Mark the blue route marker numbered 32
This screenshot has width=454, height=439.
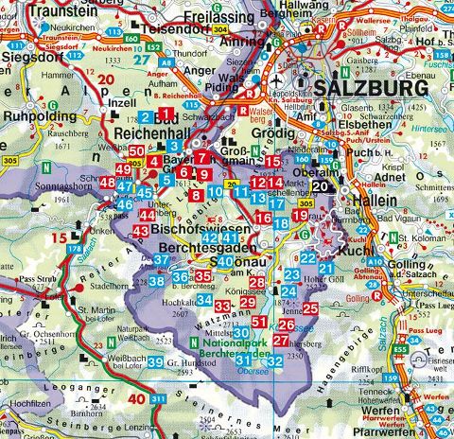pyautogui.click(x=274, y=361)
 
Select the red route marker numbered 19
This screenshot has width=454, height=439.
pyautogui.click(x=300, y=216)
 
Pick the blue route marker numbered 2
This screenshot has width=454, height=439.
pyautogui.click(x=144, y=117)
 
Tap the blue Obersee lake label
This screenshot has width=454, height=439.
pyautogui.click(x=251, y=372)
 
